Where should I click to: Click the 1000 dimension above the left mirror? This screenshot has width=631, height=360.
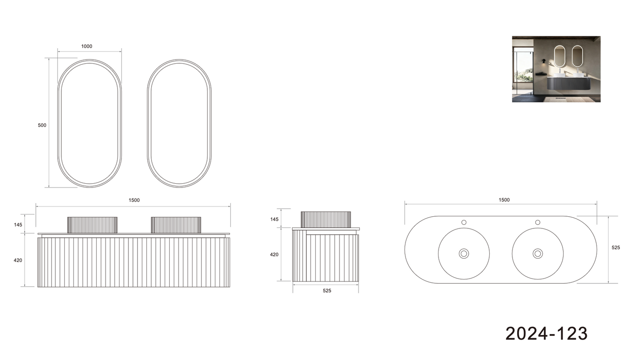coord(86,47)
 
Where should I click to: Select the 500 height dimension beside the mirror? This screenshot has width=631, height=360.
coord(42,126)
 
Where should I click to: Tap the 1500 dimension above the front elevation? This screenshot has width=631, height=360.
coord(134,200)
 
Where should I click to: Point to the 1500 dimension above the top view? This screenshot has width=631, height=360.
coord(504,200)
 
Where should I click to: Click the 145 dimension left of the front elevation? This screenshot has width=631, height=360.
coord(18,225)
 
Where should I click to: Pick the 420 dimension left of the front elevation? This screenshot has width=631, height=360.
coord(18,260)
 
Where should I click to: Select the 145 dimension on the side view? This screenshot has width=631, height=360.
coord(274,220)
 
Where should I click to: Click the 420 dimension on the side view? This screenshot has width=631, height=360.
coord(274,254)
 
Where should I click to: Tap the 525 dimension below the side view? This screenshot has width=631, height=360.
coord(327,291)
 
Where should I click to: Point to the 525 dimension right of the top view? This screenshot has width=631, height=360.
coord(616,247)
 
